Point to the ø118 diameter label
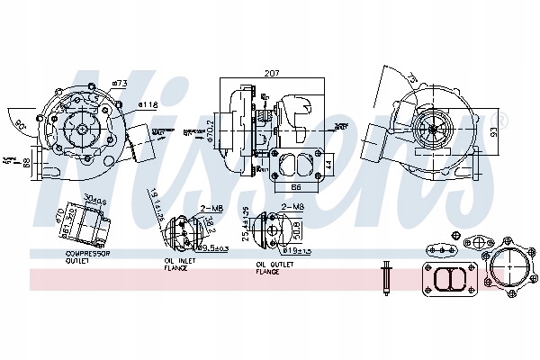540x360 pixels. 148,105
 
